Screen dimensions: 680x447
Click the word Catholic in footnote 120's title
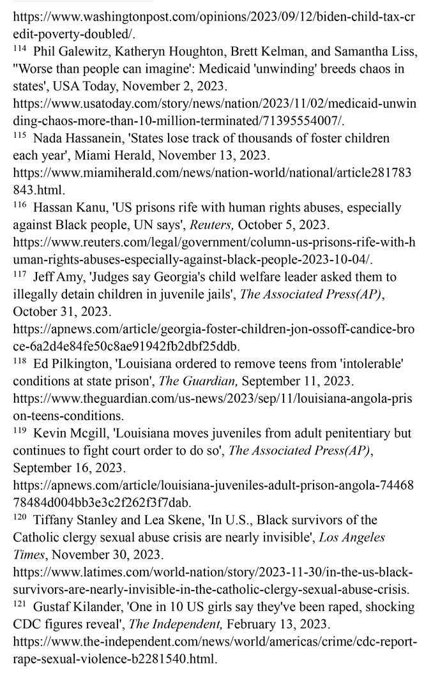click(39, 538)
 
